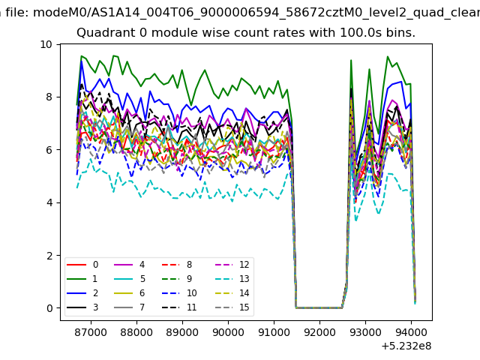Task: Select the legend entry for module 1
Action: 82,279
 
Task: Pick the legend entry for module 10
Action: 179,293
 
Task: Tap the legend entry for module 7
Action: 130,307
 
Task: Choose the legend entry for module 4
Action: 130,265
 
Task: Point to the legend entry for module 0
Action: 82,265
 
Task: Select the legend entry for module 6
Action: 130,293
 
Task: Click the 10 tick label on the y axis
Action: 46,45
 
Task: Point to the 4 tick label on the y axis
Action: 49,202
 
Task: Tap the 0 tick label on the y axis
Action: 49,308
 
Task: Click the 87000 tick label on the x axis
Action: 91,332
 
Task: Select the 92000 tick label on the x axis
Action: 319,332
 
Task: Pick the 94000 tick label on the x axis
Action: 411,332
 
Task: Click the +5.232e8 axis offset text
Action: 406,346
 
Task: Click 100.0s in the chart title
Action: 361,32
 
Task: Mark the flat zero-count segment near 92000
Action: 319,307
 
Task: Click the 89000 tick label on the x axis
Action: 182,332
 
